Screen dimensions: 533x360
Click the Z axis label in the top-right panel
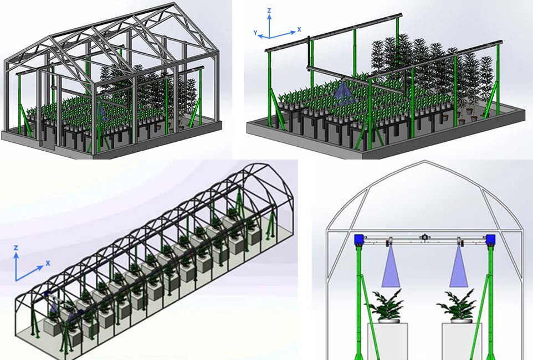point(269,11)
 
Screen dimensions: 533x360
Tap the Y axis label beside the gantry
point(255,33)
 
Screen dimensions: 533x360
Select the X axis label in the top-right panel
point(299,29)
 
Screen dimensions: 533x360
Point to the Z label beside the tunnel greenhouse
point(16,248)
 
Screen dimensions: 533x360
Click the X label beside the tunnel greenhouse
point(48,263)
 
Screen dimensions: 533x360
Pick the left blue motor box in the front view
point(359,240)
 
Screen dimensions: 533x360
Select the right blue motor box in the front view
point(490,240)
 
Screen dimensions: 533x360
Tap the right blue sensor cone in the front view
point(459,266)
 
